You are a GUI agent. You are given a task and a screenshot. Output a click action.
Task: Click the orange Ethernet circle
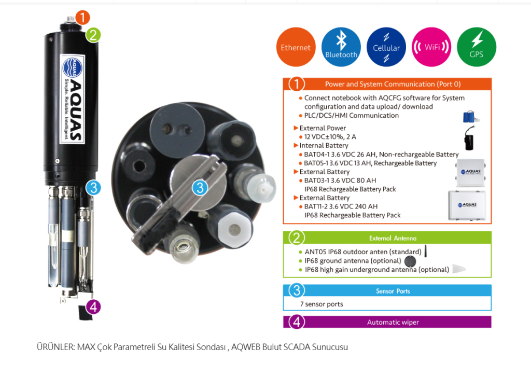296,47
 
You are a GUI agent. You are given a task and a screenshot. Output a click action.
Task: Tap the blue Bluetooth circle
341,47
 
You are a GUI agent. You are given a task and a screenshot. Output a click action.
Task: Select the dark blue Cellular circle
386,47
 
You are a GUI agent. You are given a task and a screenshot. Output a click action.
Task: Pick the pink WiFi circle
431,47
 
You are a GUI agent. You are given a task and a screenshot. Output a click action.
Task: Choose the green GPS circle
477,47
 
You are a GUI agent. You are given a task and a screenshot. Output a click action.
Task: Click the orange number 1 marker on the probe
82,17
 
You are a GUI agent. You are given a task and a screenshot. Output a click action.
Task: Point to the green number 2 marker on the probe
93,35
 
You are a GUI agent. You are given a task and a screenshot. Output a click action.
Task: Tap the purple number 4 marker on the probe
93,307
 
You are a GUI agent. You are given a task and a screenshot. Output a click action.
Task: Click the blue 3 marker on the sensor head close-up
200,188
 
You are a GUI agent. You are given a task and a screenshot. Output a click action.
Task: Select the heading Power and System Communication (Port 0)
393,84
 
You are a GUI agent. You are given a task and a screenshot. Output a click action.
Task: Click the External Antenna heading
393,238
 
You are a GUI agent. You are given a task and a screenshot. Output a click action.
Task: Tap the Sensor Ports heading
393,291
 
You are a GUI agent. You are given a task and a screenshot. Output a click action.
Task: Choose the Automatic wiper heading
393,322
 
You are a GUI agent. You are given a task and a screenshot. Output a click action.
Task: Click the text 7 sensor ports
322,304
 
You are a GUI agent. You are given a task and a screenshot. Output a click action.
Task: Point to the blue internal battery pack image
471,117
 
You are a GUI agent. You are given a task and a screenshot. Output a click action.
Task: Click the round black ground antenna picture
410,261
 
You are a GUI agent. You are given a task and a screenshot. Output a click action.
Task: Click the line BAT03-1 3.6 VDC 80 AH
340,180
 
